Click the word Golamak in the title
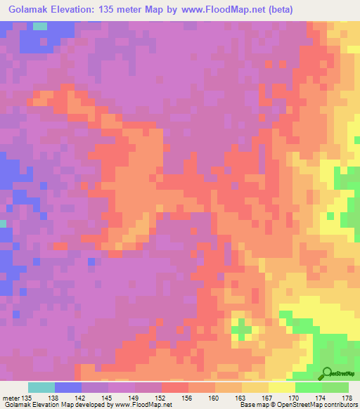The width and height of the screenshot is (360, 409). pos(30,10)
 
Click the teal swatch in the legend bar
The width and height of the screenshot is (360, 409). pos(41,387)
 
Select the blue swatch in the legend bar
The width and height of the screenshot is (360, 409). pos(68,387)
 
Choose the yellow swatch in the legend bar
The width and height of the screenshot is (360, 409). pos(282,387)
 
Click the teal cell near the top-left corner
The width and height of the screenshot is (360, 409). pos(41,26)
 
